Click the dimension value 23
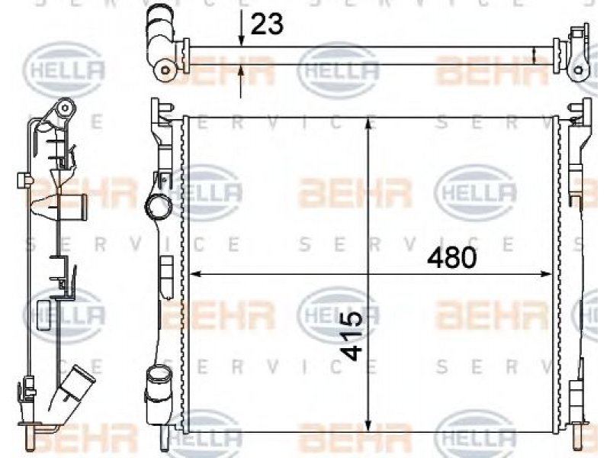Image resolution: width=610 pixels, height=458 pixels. click(x=268, y=24)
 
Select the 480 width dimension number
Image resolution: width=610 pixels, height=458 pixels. click(x=451, y=258)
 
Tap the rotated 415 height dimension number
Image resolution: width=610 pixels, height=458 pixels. click(x=352, y=336)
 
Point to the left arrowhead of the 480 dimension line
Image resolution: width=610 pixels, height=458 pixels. click(x=195, y=275)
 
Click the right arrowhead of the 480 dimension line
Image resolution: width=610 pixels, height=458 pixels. click(x=546, y=275)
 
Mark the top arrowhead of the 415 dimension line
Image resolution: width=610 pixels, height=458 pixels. click(x=368, y=123)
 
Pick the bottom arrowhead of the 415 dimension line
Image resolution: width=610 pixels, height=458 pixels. click(x=368, y=425)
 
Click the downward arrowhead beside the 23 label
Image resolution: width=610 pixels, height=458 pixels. click(x=241, y=41)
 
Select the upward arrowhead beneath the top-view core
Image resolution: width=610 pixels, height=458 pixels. click(x=241, y=71)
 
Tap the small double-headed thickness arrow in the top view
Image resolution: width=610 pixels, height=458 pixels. click(x=535, y=55)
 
